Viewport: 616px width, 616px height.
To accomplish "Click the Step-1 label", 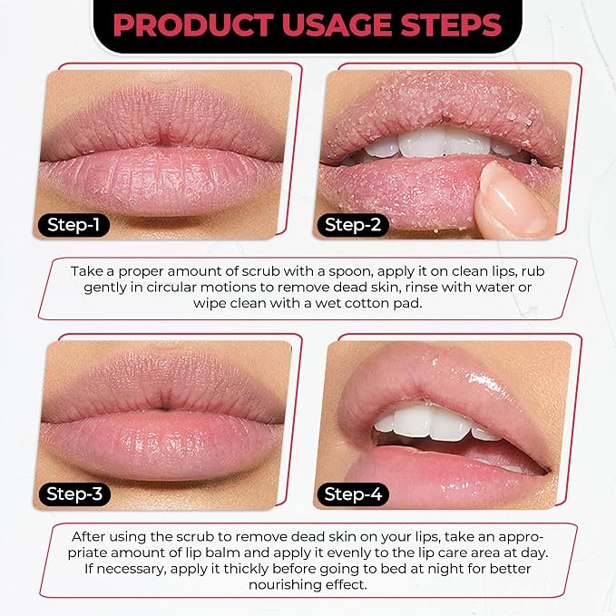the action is [x=73, y=225].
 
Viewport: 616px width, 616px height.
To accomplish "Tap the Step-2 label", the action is [x=353, y=225].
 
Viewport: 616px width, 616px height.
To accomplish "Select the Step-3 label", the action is [x=74, y=494].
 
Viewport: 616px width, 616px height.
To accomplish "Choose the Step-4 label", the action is [x=353, y=494].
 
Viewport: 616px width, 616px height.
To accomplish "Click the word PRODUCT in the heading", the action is [x=193, y=25].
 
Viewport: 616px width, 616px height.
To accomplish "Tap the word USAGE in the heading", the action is [x=337, y=25].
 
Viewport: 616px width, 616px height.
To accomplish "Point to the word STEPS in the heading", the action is [x=452, y=25].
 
